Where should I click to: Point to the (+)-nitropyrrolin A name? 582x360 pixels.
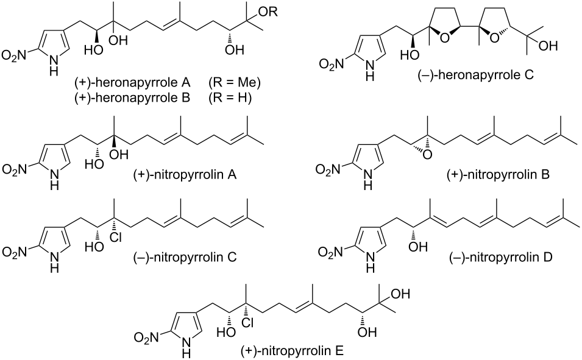pos(185,174)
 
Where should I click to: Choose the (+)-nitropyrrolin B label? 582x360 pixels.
pos(498,174)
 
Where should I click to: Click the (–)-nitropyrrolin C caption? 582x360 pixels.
pos(185,257)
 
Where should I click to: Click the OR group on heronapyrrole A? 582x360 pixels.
pos(268,12)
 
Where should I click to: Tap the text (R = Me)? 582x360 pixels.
pos(234,82)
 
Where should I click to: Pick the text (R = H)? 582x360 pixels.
pos(230,97)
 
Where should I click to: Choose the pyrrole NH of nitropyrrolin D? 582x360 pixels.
pos(369,258)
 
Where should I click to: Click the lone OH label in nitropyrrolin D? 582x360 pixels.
pos(418,247)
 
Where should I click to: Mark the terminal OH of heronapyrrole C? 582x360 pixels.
pos(548,46)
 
